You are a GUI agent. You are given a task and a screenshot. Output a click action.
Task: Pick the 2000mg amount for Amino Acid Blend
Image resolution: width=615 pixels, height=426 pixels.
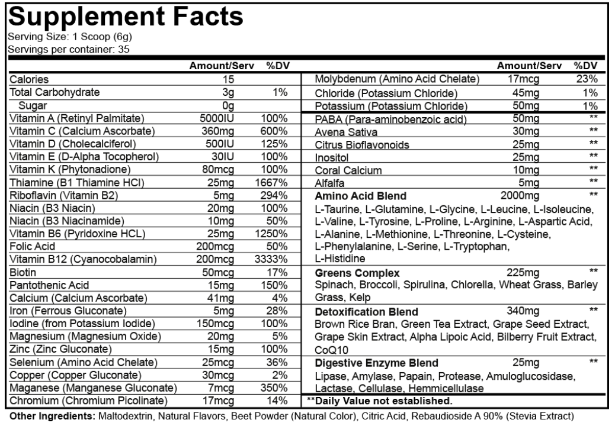[520, 195]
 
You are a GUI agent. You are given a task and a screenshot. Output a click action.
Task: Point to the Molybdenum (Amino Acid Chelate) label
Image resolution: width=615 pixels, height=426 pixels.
[396, 79]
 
